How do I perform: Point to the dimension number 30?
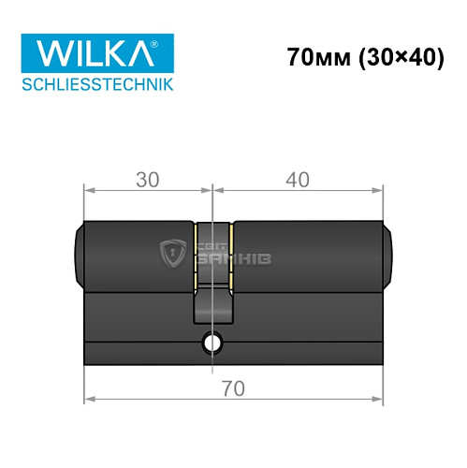[x=146, y=178]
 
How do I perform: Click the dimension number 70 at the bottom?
[x=233, y=388]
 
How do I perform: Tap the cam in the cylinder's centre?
[x=214, y=304]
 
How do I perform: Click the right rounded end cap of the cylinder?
[x=387, y=254]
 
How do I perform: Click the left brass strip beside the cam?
[x=195, y=254]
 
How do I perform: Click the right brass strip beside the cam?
[x=233, y=254]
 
